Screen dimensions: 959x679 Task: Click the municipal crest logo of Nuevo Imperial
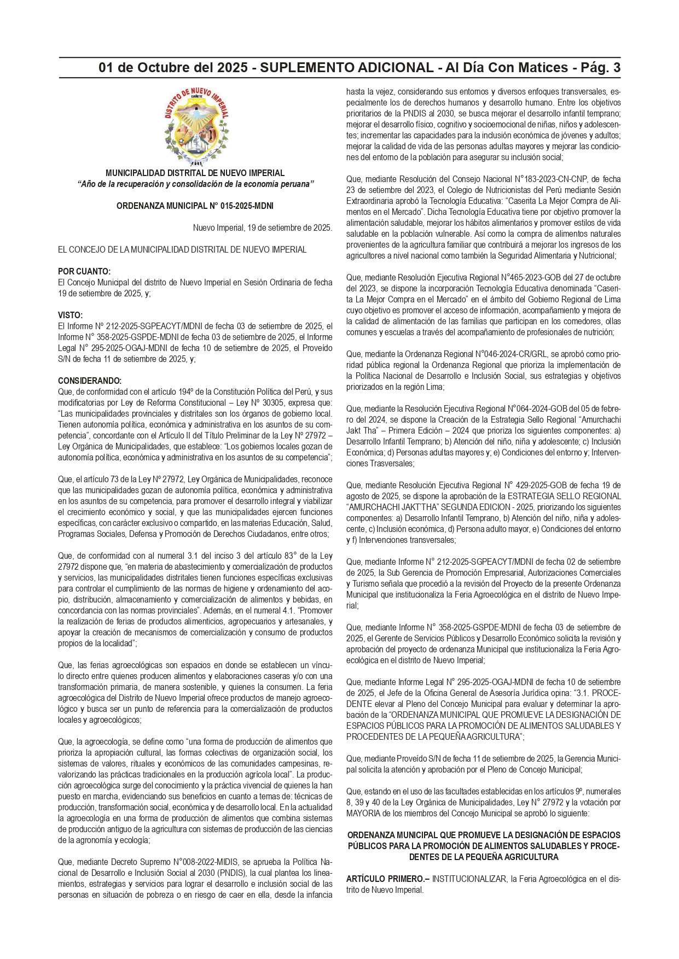point(195,126)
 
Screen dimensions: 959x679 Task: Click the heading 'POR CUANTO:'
point(84,272)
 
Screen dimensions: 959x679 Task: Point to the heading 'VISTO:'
point(71,315)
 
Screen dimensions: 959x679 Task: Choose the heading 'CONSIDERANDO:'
point(90,381)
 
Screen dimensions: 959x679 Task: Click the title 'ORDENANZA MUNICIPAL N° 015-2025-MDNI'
point(195,206)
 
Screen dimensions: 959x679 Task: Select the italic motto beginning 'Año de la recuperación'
point(195,184)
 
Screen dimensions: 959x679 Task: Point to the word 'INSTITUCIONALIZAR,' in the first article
point(469,879)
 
